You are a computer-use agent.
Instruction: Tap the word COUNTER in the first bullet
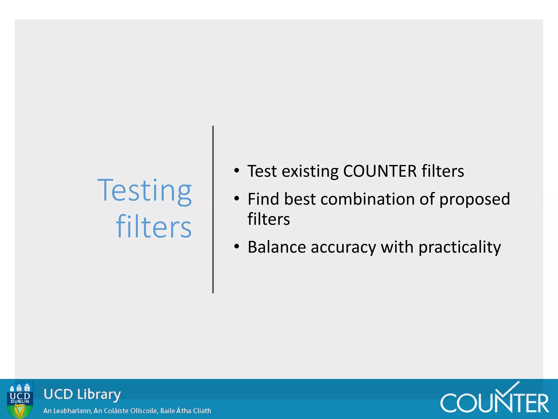point(380,171)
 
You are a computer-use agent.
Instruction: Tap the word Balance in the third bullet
point(277,247)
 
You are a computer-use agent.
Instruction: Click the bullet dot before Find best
point(236,199)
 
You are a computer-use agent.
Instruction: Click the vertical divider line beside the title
point(213,209)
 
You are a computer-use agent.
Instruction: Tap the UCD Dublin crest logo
point(20,400)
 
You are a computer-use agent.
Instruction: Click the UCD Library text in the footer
point(82,394)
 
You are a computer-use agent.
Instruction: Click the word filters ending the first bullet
point(443,171)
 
